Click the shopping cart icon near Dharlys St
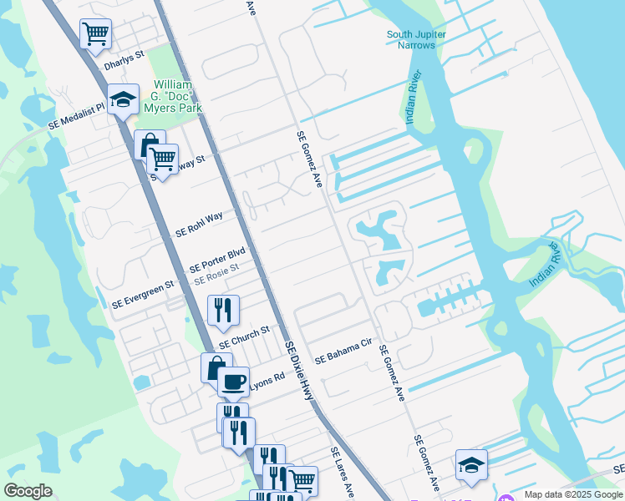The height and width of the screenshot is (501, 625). tap(95, 34)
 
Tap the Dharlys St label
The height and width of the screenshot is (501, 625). tap(124, 63)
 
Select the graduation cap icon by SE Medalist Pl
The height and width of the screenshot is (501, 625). tap(123, 99)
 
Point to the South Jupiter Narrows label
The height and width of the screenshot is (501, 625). tap(416, 39)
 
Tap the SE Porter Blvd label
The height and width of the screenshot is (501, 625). tap(217, 260)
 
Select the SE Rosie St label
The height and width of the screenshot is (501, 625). tap(216, 274)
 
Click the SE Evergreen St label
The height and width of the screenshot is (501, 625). tap(143, 294)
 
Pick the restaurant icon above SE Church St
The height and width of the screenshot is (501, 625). tap(223, 311)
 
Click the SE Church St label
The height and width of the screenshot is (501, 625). tap(244, 337)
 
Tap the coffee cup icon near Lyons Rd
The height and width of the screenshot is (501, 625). tap(233, 382)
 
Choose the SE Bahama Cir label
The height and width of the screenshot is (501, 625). tap(343, 351)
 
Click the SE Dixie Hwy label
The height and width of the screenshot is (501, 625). tap(301, 369)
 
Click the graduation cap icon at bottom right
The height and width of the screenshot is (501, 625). tap(471, 465)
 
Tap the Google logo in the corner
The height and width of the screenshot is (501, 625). tap(28, 491)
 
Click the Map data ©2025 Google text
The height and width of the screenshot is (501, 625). tap(573, 494)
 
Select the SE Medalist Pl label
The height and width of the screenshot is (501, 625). tap(76, 115)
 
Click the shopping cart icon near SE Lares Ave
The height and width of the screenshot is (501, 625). tap(302, 481)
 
